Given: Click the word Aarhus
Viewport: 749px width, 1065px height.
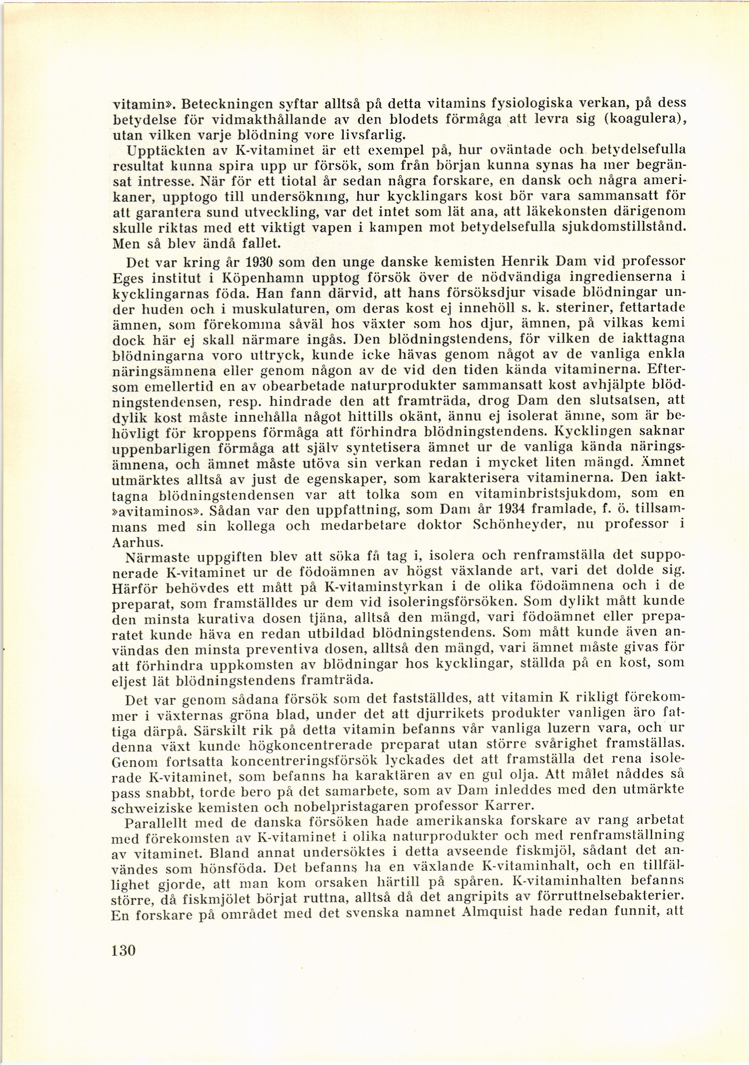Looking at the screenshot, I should pos(132,542).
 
